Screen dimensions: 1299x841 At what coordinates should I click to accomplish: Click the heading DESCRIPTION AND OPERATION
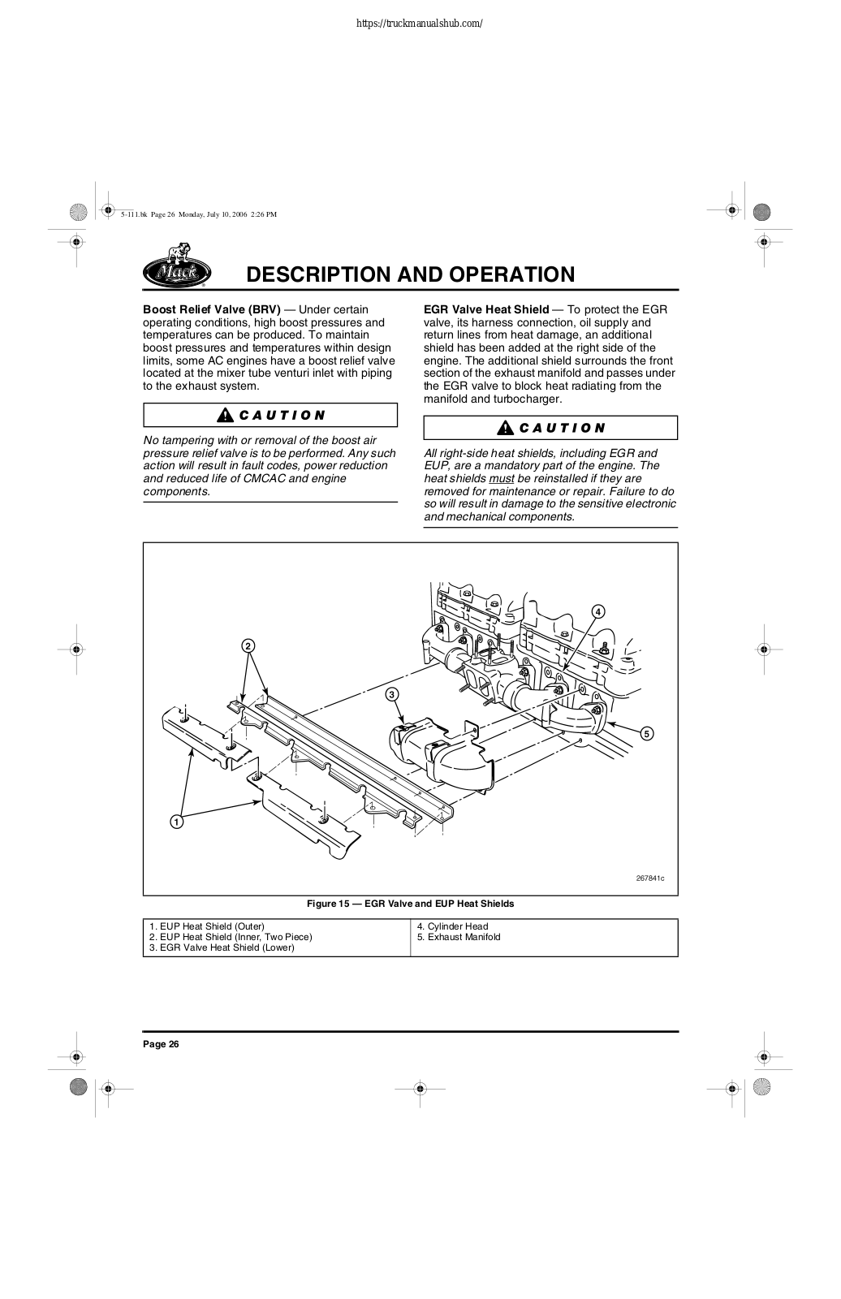click(x=410, y=274)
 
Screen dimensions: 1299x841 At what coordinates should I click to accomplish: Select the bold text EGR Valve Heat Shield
click(x=485, y=309)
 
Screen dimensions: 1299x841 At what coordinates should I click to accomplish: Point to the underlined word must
click(x=502, y=478)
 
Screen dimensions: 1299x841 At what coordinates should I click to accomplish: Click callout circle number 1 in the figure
click(x=175, y=822)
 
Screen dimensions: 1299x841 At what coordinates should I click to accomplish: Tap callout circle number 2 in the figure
click(x=248, y=645)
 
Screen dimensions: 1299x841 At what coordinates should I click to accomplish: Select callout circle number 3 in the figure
click(x=391, y=694)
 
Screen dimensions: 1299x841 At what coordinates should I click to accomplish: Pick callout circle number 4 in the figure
click(x=597, y=611)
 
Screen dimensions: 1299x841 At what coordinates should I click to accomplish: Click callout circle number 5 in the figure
click(x=646, y=734)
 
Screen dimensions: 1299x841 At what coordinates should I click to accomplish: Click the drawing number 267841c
click(x=649, y=878)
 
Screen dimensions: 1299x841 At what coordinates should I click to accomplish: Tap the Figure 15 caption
click(x=410, y=904)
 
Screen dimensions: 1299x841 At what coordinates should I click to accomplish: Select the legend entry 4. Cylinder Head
click(x=452, y=926)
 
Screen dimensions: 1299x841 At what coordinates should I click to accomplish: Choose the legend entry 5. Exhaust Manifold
click(x=459, y=937)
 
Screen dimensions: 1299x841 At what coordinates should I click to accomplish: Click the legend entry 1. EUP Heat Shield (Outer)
click(x=207, y=926)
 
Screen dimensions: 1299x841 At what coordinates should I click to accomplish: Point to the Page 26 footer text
click(x=161, y=1044)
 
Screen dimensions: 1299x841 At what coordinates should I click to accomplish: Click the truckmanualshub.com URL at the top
click(x=420, y=23)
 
